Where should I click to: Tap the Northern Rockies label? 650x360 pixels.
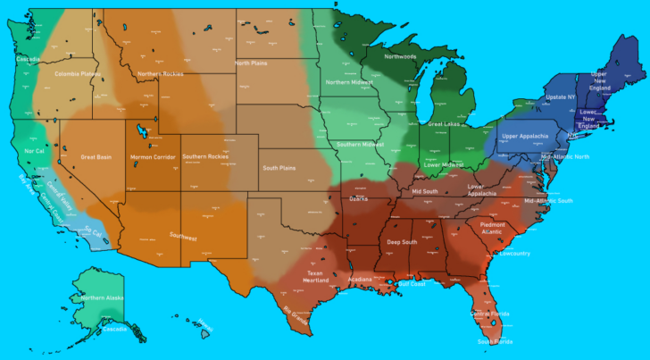[x=160, y=74]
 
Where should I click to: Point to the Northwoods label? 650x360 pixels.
[x=400, y=56]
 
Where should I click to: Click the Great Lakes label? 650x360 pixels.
[x=444, y=124]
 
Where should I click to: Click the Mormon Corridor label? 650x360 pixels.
[x=153, y=157]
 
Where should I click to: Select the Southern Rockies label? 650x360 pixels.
[x=204, y=157]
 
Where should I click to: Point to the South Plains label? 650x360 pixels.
[x=279, y=168]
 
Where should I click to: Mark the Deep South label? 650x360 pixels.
[x=402, y=242]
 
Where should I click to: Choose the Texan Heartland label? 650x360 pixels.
[x=315, y=276]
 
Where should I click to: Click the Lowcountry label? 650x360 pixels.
[x=515, y=253]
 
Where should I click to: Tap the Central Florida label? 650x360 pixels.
[x=489, y=314]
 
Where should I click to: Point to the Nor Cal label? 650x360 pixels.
[x=35, y=151]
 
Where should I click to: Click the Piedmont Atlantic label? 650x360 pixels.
[x=492, y=228]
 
